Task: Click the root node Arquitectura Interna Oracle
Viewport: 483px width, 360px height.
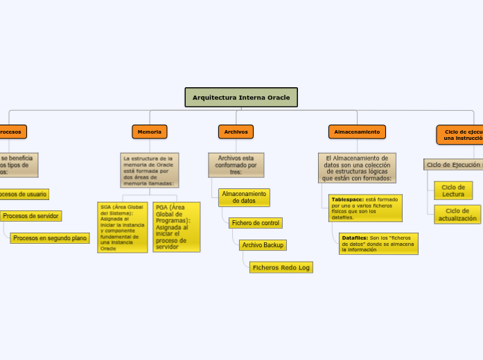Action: [241, 98]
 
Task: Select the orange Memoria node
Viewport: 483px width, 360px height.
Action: [150, 132]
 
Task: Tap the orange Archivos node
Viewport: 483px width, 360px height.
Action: [236, 132]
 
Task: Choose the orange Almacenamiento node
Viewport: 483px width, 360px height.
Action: [357, 132]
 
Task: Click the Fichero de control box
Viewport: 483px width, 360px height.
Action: [256, 223]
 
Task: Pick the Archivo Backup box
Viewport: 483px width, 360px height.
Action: [263, 245]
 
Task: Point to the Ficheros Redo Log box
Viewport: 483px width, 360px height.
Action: [281, 267]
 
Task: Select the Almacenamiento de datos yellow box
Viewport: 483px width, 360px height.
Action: [244, 197]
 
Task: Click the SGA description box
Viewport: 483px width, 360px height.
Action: [122, 227]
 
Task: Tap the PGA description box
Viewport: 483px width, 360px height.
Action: [176, 227]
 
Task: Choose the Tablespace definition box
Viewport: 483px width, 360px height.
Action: [365, 208]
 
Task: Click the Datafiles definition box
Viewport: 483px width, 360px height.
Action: [378, 244]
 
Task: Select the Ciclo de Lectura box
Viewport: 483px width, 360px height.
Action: [453, 190]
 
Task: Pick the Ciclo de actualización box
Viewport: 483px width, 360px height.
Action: [457, 215]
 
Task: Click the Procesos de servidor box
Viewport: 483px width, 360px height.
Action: [30, 216]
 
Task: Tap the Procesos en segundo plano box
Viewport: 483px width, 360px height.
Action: [50, 238]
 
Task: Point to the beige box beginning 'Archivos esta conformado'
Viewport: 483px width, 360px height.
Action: [236, 165]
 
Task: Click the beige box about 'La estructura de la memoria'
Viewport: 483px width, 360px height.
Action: [149, 170]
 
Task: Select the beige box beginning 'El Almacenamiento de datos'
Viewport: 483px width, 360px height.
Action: [357, 168]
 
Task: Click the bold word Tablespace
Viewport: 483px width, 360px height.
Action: [348, 199]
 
